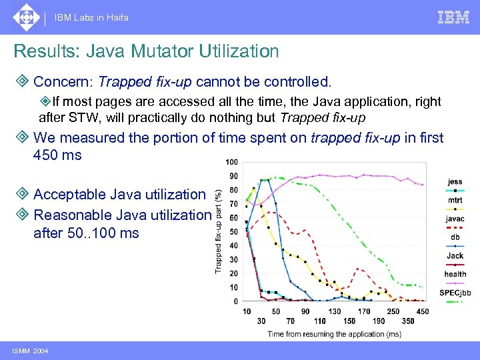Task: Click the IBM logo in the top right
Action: click(453, 17)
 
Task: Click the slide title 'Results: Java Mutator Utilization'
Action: click(146, 51)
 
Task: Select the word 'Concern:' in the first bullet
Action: click(63, 82)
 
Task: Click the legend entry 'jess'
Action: click(455, 182)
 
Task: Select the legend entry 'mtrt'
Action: click(455, 200)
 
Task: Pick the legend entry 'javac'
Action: click(455, 219)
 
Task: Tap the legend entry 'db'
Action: click(455, 237)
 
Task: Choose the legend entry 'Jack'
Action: click(455, 256)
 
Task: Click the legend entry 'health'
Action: click(455, 274)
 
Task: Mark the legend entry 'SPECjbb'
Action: click(455, 293)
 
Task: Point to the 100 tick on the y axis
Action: click(231, 163)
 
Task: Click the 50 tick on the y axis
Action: click(233, 232)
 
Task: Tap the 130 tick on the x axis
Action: click(334, 311)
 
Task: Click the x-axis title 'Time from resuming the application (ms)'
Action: click(334, 333)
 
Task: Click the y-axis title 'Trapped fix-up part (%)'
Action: click(218, 231)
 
